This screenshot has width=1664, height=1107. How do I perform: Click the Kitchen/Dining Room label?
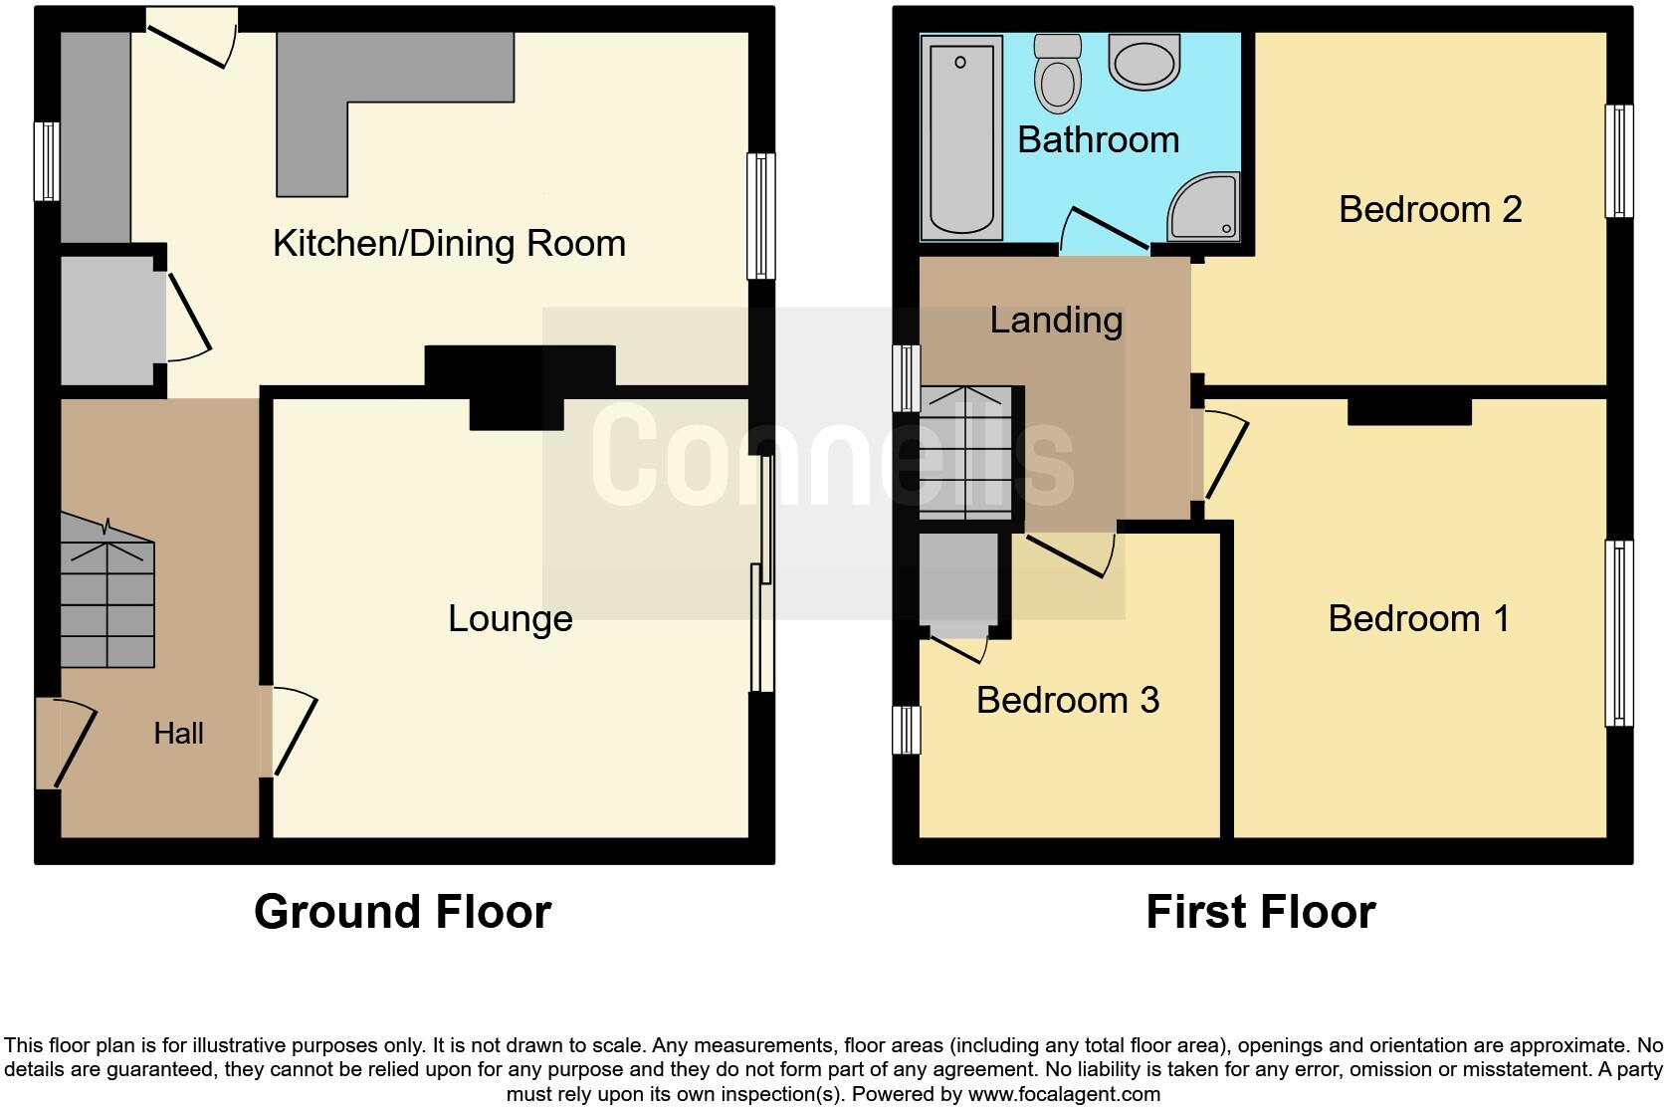point(450,244)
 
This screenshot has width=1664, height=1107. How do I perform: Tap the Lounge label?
point(511,619)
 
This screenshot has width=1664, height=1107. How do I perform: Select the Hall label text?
point(178,734)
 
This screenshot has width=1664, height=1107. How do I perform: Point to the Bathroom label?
point(1098,139)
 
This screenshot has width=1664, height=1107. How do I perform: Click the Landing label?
point(1056,321)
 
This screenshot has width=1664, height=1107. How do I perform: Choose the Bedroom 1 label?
point(1418,619)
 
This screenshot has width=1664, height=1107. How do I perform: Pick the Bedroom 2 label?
point(1430,209)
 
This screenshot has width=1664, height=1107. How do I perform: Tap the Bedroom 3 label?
point(1068,700)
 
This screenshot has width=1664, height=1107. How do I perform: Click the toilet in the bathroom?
point(1057,74)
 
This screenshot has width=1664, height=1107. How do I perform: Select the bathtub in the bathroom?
point(961,137)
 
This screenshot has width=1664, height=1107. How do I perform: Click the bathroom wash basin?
point(1144,62)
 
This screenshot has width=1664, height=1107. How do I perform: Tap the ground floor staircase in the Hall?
point(106,591)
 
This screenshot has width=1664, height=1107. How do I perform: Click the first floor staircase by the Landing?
point(965,453)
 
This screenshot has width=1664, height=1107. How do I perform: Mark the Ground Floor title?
point(403,912)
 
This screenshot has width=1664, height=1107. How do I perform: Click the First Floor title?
point(1261,912)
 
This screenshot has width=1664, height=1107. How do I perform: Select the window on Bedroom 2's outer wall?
point(1618,160)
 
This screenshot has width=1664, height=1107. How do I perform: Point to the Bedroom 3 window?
point(906,730)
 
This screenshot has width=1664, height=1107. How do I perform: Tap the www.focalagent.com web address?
point(1064,1094)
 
